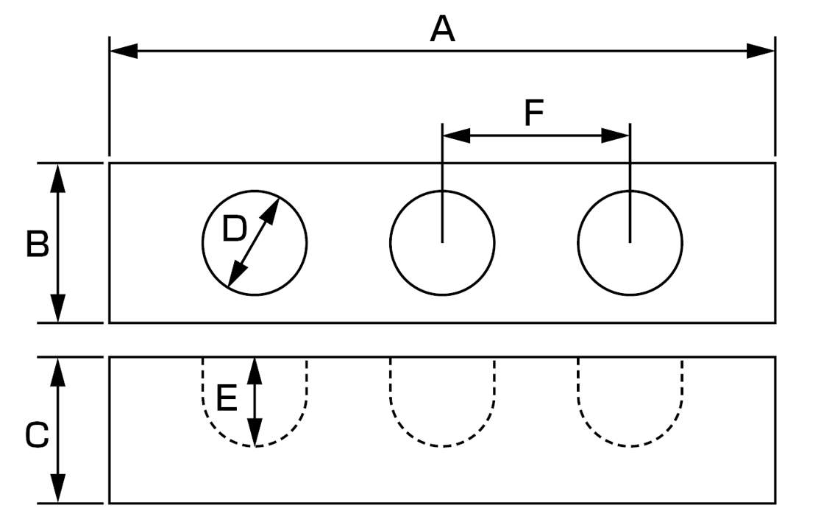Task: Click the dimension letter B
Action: (x=37, y=244)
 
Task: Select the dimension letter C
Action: (x=37, y=436)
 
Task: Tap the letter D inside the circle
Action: (x=234, y=230)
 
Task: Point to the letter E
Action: (x=226, y=400)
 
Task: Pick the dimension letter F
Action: (x=533, y=114)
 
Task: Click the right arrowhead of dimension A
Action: (x=761, y=51)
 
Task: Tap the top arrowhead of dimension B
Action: (x=58, y=176)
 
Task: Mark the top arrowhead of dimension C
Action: (x=58, y=370)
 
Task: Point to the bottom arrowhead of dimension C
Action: (x=58, y=490)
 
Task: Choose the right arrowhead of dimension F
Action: (x=616, y=135)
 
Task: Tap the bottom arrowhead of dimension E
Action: (x=255, y=434)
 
